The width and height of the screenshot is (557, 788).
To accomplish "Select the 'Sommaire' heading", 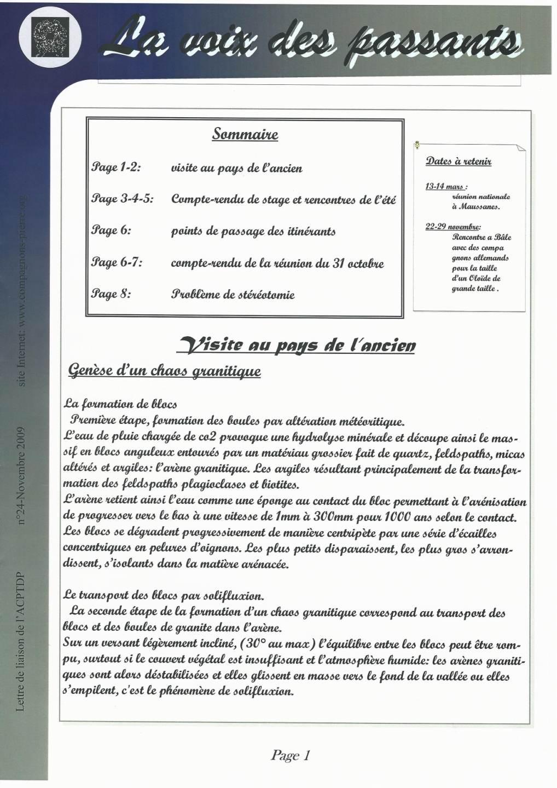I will [245, 134].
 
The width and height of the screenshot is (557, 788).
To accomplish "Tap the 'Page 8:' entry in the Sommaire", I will [111, 294].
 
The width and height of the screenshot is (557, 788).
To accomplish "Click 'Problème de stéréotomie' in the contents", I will [233, 295].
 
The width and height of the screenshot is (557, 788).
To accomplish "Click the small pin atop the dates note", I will [417, 145].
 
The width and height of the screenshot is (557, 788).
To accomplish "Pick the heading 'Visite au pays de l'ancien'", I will [297, 345].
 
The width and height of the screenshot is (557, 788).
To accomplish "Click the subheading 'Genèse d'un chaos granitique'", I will [164, 371].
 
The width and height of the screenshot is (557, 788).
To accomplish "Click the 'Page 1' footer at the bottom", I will [290, 756].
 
